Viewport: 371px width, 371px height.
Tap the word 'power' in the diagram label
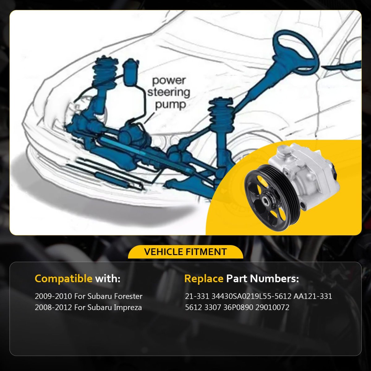click(x=169, y=80)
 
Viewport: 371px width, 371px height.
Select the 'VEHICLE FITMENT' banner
click(x=185, y=252)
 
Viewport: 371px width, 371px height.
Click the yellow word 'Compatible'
click(x=64, y=279)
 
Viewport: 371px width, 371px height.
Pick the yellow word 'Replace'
click(x=204, y=279)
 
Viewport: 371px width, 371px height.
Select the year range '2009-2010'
click(x=53, y=296)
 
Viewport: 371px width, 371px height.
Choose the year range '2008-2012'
click(x=53, y=307)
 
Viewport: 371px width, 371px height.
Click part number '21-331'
click(x=197, y=296)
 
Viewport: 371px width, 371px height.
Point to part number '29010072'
click(x=272, y=307)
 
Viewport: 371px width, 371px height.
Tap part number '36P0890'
click(x=238, y=307)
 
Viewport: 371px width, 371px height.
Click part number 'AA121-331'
click(x=313, y=296)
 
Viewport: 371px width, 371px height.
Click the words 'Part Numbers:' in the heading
click(x=262, y=279)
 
